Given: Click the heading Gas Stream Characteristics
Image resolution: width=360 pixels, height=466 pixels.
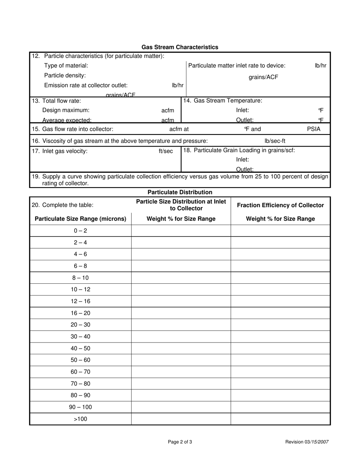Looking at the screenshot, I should pos(180,47).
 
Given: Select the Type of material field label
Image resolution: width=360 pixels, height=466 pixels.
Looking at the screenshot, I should pos(66,66).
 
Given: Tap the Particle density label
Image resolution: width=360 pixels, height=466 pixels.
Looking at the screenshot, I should pos(65,75).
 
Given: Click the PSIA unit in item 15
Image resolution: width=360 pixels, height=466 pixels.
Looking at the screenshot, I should pos(313,129).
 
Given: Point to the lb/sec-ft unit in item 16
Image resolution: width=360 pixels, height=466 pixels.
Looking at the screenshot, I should pos(275,141).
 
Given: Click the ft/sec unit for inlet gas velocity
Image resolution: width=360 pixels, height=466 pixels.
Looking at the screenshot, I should pos(166,151).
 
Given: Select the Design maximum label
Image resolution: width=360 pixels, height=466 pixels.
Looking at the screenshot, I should pos(66,110).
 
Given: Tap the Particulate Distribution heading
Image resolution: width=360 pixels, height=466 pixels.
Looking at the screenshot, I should pos(180,192).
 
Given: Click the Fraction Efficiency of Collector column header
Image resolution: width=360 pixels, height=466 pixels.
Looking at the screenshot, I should pos(280,205).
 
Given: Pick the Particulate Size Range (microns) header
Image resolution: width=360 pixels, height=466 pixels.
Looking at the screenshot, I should pos(80,219).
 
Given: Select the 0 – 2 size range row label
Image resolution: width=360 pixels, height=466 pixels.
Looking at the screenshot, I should pos(80,231).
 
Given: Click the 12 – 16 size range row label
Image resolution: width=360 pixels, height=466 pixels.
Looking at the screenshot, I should pos(80,301).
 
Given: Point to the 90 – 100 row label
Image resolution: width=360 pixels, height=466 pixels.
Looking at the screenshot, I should pos(80,407).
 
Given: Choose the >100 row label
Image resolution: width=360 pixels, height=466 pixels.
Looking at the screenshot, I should pos(80,419).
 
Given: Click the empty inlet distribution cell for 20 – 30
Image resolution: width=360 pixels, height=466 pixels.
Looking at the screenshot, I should pos(181,325).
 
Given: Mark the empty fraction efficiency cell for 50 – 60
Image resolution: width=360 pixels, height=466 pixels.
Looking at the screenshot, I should pos(280,360).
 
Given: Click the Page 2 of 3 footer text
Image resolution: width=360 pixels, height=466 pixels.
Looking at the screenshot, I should pos(180,442).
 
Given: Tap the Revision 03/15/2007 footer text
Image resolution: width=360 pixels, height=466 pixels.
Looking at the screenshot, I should pos(307,442).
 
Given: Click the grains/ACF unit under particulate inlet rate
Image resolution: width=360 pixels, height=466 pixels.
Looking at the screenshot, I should pos(263,77).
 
